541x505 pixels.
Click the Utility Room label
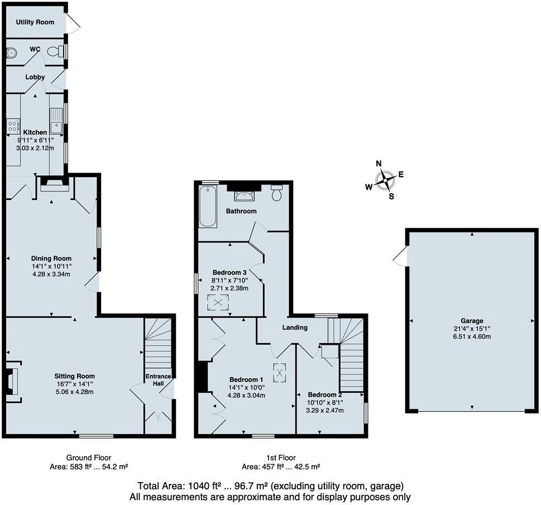(x=35, y=22)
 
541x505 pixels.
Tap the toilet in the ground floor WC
(x=55, y=51)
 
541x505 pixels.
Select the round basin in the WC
(x=11, y=53)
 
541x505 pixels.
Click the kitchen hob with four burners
(x=13, y=126)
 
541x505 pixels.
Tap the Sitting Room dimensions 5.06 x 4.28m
(x=75, y=392)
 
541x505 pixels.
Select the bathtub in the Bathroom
(x=208, y=206)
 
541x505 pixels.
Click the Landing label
(x=294, y=327)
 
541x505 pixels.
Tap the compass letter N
(x=379, y=164)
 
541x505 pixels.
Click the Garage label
(x=472, y=321)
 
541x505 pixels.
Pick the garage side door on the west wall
(x=401, y=256)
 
